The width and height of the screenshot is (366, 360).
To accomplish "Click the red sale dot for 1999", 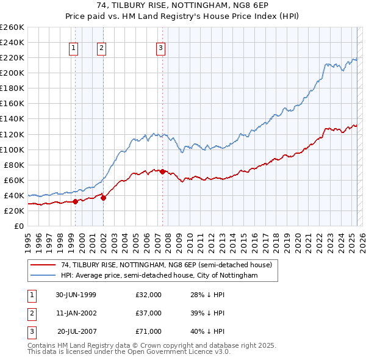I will click(x=76, y=201).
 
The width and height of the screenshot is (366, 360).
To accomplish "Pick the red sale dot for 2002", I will click(x=103, y=198).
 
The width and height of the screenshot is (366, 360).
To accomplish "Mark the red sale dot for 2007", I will click(x=163, y=171).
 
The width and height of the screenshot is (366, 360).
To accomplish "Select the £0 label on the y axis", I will click(x=18, y=226).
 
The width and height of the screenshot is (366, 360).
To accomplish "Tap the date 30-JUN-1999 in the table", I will click(x=76, y=295).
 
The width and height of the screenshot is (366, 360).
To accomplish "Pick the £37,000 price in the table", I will click(x=149, y=313).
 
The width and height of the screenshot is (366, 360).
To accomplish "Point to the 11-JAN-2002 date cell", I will click(x=76, y=313).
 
